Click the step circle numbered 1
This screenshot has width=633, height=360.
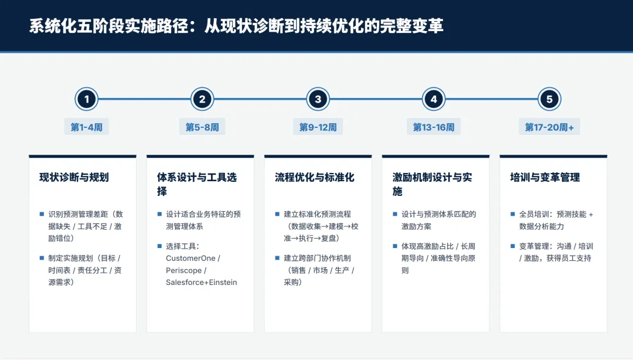(86, 99)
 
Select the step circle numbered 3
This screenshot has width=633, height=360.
(318, 99)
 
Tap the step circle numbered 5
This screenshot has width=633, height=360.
(549, 99)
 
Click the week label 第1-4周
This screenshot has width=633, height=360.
(86, 127)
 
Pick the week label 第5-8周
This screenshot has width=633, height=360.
(202, 127)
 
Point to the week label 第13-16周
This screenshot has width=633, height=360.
(434, 127)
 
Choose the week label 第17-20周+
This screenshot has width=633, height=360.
(549, 127)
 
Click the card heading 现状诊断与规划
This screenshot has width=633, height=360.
(74, 177)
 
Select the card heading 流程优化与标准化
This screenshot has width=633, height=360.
(315, 177)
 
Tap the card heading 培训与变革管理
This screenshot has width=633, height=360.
(545, 177)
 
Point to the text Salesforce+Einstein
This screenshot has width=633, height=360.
(202, 282)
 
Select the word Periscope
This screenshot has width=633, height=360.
(183, 270)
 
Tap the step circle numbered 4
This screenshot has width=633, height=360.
(434, 99)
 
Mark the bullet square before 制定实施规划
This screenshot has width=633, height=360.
(42, 258)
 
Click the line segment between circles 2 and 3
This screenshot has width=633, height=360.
(260, 99)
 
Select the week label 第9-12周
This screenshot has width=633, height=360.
(318, 127)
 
